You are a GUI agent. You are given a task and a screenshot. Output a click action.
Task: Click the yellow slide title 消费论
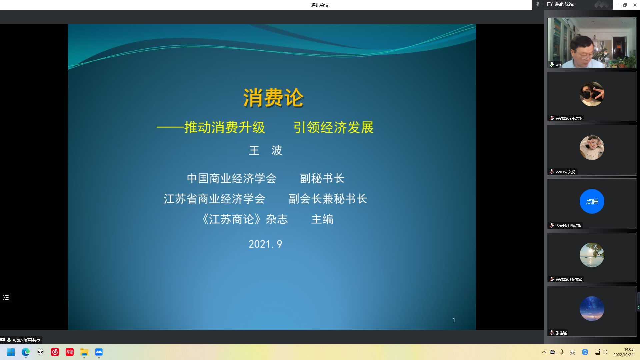point(273,98)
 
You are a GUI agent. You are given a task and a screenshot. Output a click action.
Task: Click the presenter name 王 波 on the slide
point(266,150)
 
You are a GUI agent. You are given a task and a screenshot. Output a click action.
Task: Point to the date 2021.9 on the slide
point(265,244)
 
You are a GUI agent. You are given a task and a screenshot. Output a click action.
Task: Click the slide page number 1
point(454,320)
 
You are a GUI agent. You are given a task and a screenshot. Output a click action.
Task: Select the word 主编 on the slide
point(322,219)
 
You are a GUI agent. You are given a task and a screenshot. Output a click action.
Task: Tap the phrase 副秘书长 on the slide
point(322,178)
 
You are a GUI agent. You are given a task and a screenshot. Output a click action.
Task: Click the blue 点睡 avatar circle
point(592,201)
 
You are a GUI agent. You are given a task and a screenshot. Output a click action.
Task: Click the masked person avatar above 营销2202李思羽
point(592,94)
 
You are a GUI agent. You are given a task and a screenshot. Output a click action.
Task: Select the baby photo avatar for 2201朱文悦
point(592,148)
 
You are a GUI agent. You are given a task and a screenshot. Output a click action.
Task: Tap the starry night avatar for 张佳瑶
point(592,309)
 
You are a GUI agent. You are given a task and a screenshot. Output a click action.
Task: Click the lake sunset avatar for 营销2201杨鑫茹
point(592,255)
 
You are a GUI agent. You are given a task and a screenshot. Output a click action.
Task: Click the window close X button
point(635,5)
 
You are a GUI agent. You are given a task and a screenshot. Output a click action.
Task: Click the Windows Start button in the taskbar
point(11,352)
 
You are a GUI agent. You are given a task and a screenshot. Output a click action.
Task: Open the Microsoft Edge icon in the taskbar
point(26,352)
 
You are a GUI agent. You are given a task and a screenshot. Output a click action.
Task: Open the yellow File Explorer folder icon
point(84,352)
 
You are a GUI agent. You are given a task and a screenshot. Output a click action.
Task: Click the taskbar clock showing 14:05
point(623,352)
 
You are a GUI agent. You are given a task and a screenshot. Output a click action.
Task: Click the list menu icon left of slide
point(6,298)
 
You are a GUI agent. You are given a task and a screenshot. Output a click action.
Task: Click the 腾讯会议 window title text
point(320,5)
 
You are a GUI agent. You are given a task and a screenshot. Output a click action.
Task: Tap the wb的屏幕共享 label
point(27,340)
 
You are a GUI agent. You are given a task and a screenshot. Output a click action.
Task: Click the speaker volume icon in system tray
point(605,352)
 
